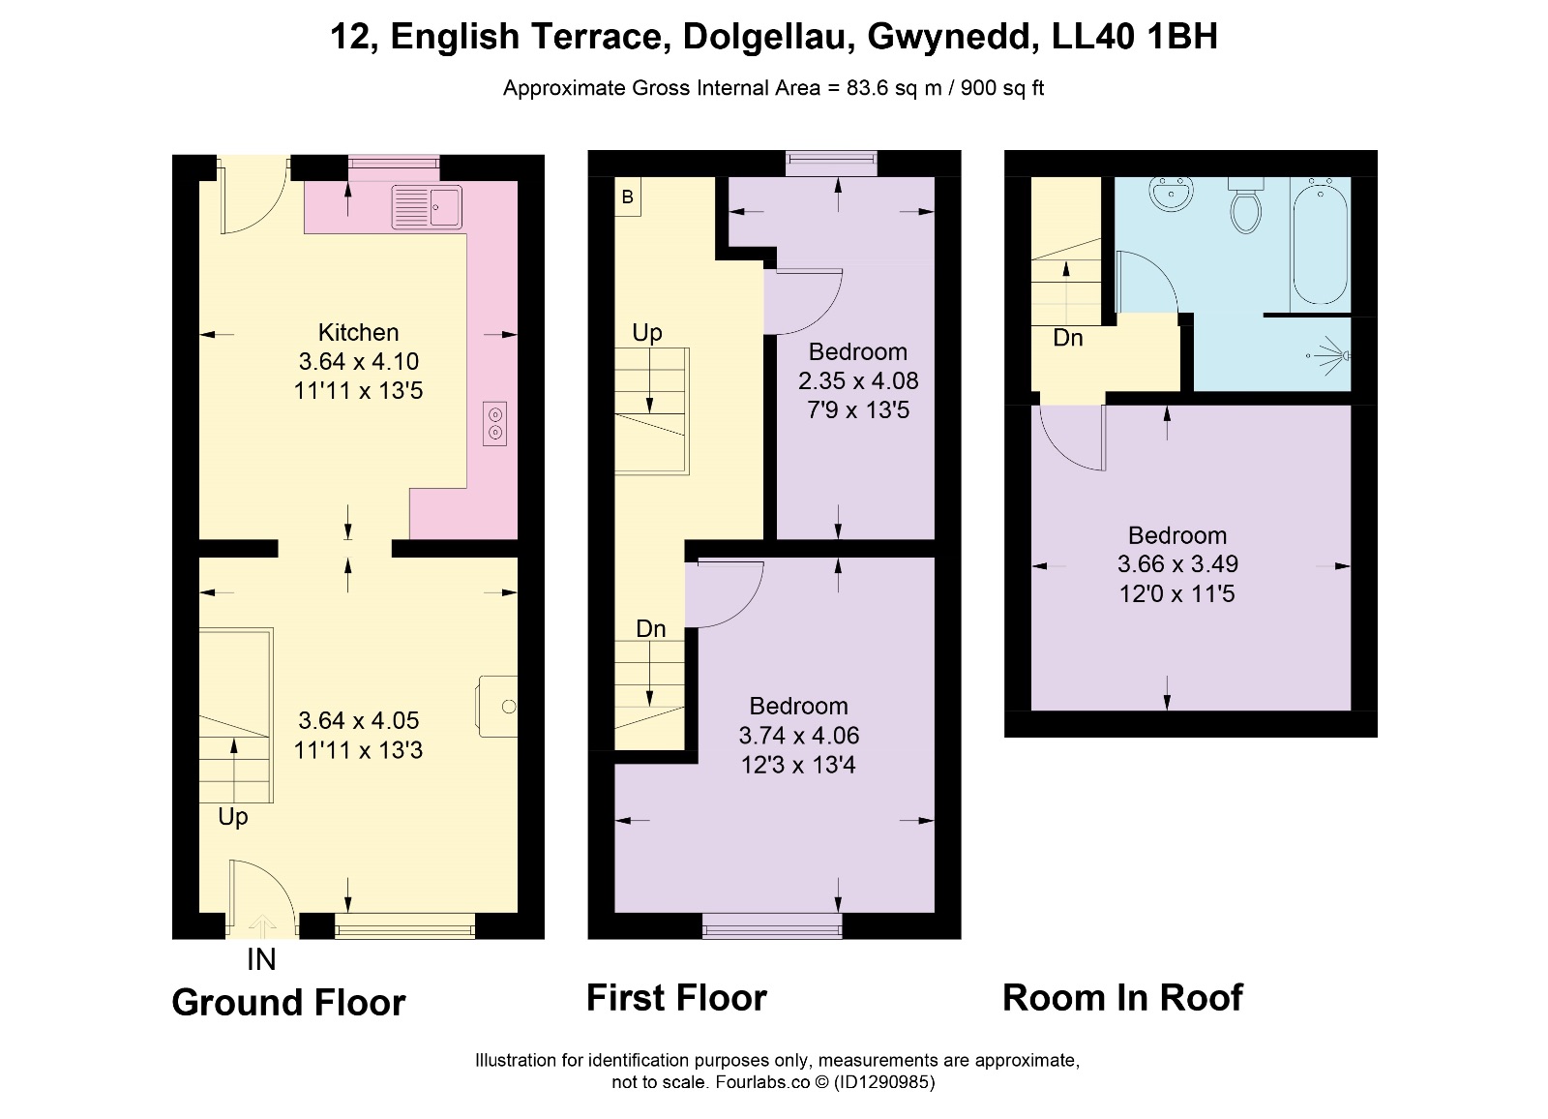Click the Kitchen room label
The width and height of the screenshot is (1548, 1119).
[358, 333]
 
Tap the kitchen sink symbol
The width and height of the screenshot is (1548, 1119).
[427, 206]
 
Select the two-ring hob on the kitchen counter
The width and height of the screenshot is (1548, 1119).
[494, 423]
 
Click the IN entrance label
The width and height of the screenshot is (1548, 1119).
[261, 959]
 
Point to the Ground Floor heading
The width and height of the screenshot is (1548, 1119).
[288, 1002]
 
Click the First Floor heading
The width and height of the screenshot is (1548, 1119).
[676, 997]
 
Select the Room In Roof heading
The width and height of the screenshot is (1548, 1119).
[1122, 997]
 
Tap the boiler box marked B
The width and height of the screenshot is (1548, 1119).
[628, 197]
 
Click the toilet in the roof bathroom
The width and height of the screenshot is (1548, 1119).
[1245, 205]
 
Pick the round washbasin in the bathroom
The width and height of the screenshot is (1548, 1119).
[1172, 194]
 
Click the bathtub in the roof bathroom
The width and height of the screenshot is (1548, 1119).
[1320, 241]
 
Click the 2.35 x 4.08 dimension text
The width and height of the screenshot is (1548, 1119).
[857, 380]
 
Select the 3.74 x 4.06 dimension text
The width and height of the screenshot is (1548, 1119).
[798, 735]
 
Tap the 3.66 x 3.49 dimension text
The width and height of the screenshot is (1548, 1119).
[1177, 563]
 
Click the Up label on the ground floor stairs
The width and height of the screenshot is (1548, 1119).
[233, 817]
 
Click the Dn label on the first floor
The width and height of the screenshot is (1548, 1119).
[650, 628]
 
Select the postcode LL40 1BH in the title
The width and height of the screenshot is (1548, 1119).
[1134, 36]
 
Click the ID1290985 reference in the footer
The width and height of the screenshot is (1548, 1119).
[884, 1081]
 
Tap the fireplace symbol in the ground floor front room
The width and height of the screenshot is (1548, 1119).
[496, 706]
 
